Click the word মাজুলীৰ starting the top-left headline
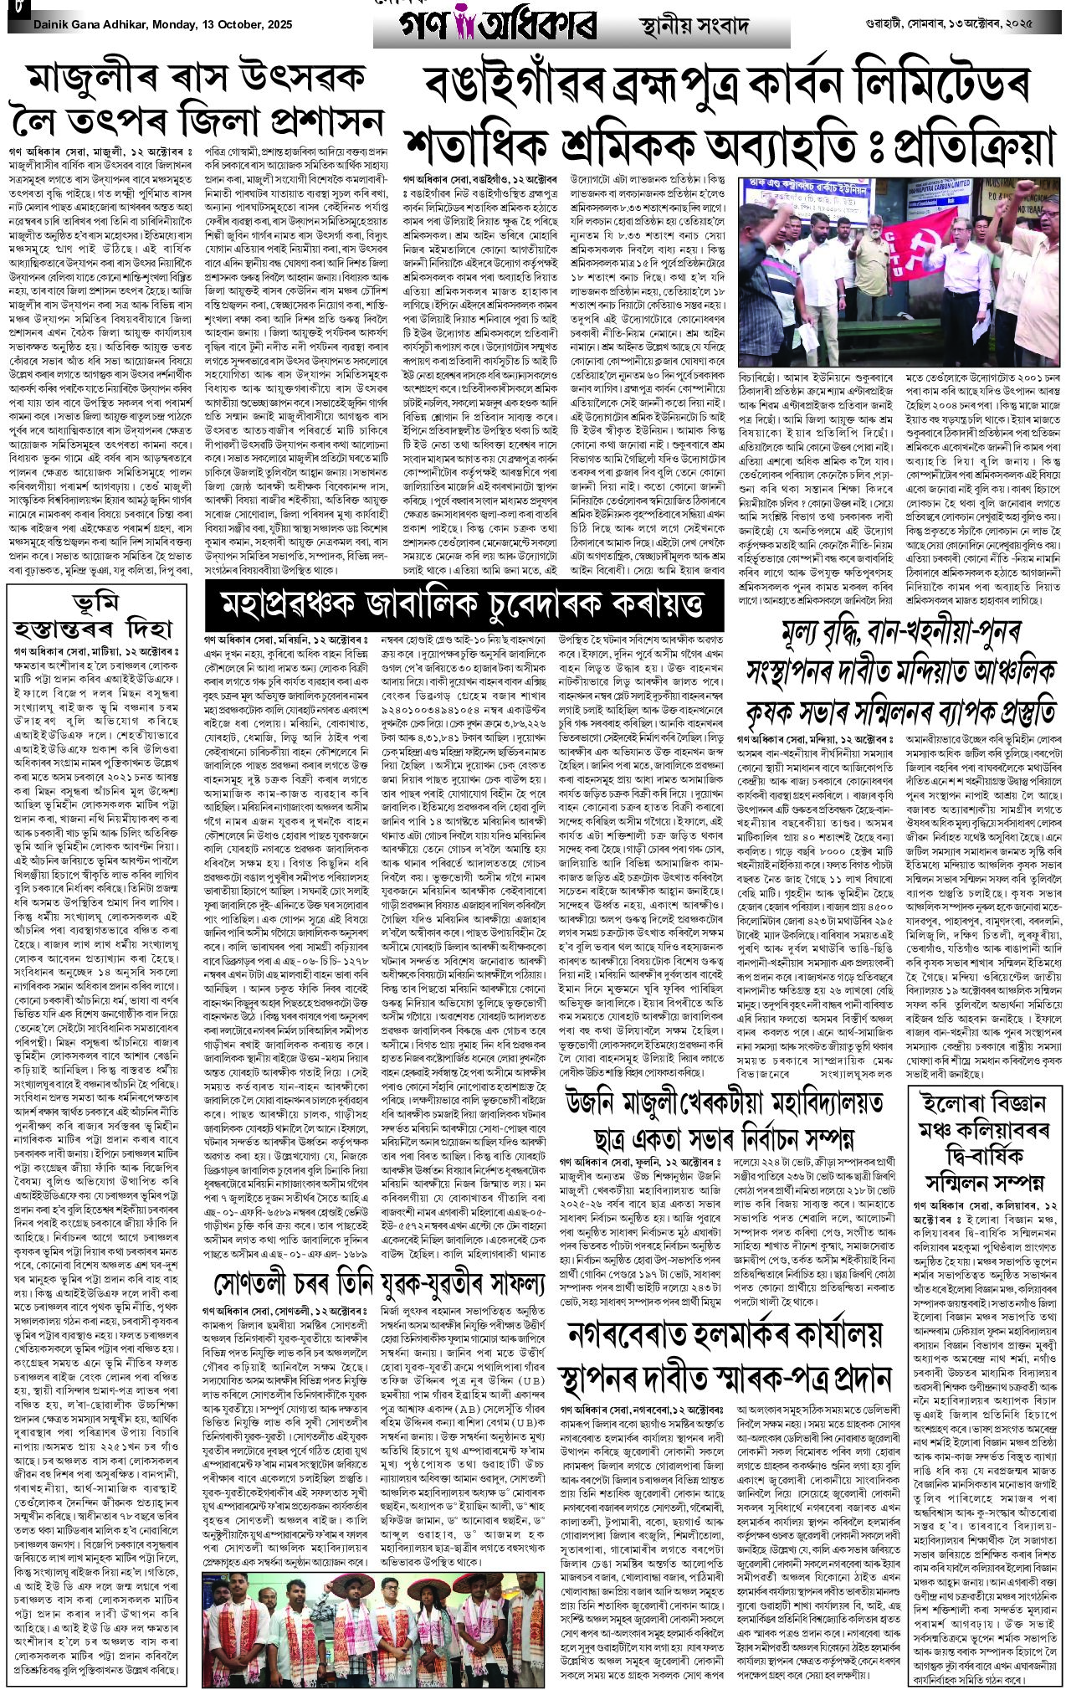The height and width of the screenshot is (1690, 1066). click(91, 81)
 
